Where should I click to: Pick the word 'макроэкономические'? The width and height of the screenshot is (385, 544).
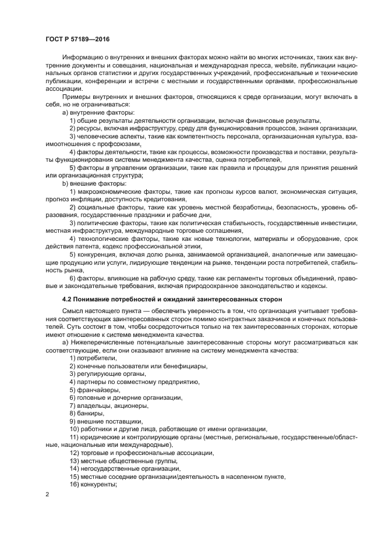[x=110, y=191]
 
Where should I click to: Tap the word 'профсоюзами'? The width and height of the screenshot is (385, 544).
[x=121, y=143]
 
